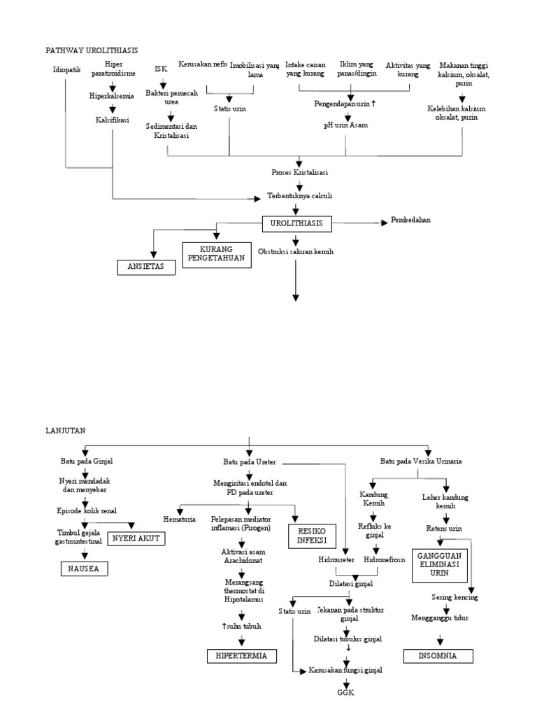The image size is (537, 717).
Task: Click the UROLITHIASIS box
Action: pyautogui.click(x=297, y=223)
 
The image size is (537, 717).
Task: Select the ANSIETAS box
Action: pyautogui.click(x=145, y=267)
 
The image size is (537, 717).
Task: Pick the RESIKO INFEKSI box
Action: pyautogui.click(x=313, y=536)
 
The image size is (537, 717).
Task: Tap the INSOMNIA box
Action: pyautogui.click(x=438, y=656)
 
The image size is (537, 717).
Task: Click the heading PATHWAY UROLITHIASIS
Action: pyautogui.click(x=92, y=50)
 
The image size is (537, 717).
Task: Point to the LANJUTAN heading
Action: pyautogui.click(x=65, y=431)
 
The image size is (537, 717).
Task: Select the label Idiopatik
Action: pyautogui.click(x=66, y=70)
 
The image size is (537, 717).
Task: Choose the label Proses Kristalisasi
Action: pyautogui.click(x=299, y=172)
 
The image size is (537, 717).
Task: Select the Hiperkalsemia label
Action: pyautogui.click(x=112, y=96)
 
